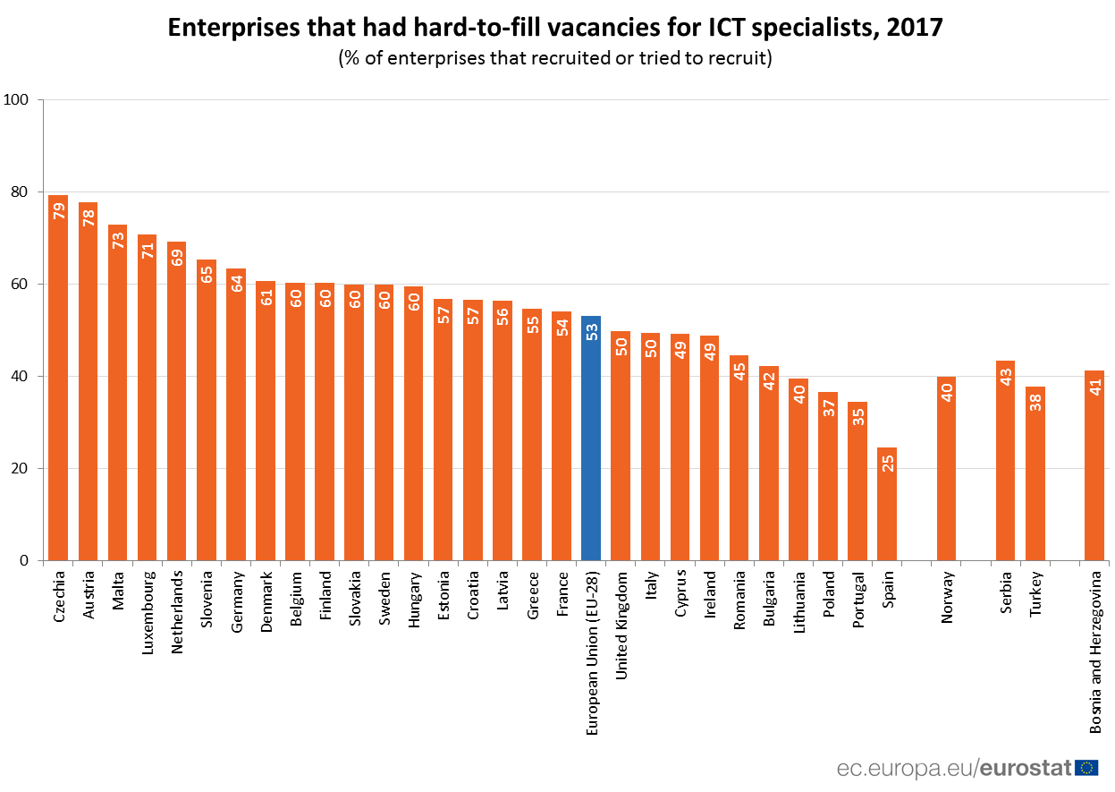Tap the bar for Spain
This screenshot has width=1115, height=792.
click(x=887, y=510)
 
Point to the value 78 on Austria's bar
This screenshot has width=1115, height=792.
click(x=88, y=218)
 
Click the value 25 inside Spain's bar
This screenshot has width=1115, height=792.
click(x=887, y=464)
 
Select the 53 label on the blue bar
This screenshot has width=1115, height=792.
click(x=591, y=332)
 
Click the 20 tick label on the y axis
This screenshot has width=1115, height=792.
click(x=21, y=469)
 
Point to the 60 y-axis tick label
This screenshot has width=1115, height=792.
click(x=21, y=285)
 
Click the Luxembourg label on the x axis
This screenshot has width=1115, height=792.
click(x=147, y=614)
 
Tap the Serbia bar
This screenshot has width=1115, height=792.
click(x=1005, y=465)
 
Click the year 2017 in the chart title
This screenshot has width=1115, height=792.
click(x=915, y=28)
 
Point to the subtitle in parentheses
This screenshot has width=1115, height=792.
click(x=554, y=59)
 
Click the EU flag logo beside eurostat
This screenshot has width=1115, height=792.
click(x=1086, y=767)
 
